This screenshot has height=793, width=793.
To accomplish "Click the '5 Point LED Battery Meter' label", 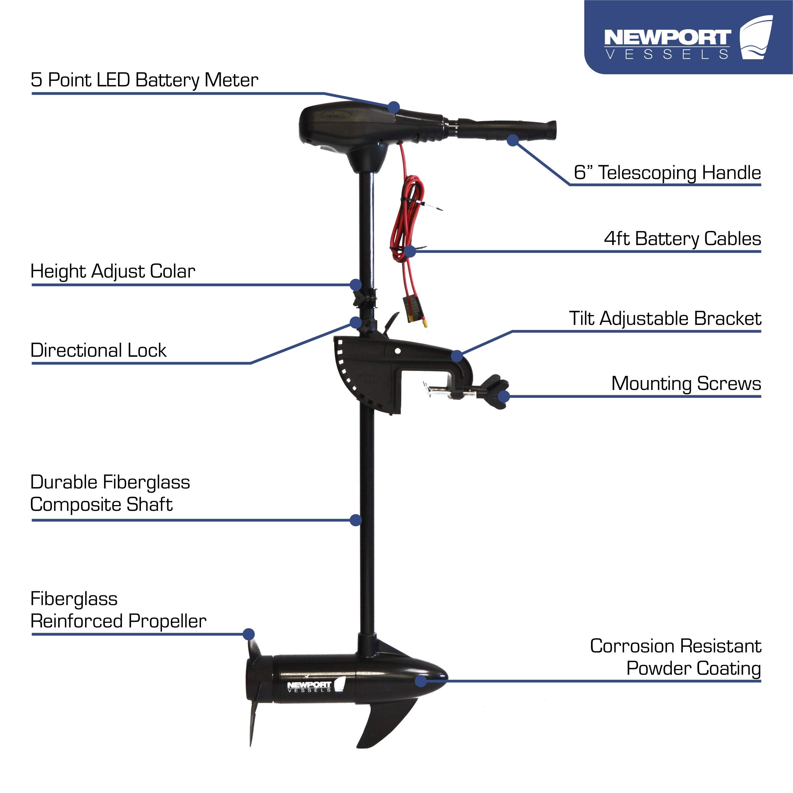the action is coord(144,80).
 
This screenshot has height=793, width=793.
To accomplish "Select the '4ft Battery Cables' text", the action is coord(682,239).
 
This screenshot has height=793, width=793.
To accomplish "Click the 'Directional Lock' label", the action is coord(98,351).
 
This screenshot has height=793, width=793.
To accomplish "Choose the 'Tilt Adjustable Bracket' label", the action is coord(665,319).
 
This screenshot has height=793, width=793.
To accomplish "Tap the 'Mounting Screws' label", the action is coord(686,384).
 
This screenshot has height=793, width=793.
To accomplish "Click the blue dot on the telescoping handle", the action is coord(512,140).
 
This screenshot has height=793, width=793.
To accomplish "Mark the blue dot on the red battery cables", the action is coord(410,251).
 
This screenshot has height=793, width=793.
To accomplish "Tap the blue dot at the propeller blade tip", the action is coord(248,634).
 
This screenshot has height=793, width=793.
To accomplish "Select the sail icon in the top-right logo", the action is coord(756,38).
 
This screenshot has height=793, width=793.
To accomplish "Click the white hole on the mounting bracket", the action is coord(397,351).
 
